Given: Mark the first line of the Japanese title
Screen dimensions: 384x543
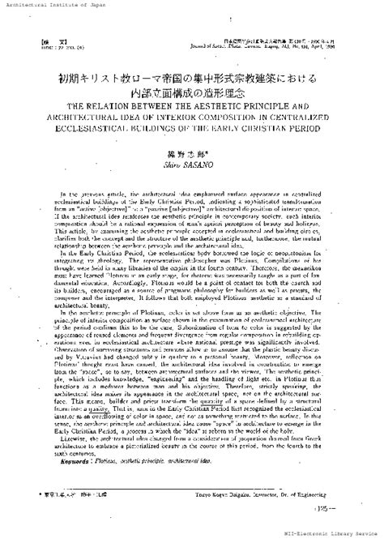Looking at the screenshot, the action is click(193, 79).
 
